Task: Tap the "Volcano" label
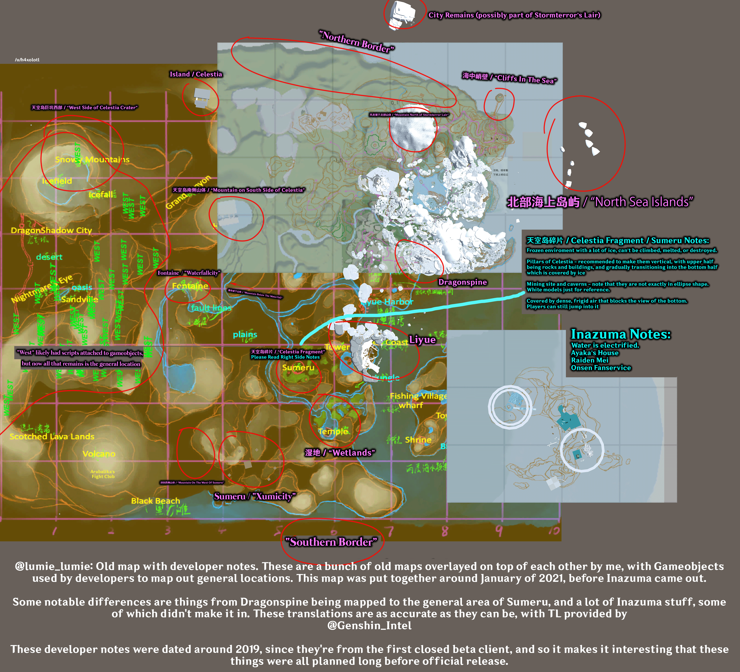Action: (99, 454)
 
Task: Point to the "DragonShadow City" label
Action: (51, 230)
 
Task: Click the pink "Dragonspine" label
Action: (463, 282)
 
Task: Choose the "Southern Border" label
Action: (331, 542)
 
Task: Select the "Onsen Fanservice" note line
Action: (601, 368)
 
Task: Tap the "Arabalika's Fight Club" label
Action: (103, 474)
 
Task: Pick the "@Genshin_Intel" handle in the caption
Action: (369, 625)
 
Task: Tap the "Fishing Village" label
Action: (418, 396)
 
